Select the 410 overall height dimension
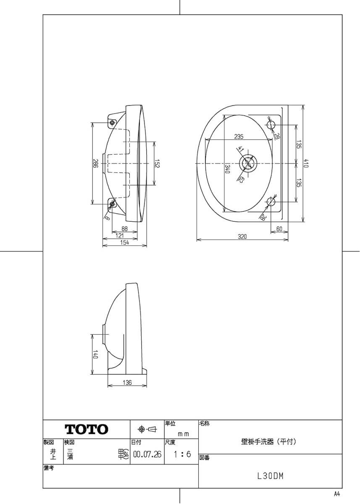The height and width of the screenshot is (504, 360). pyautogui.click(x=306, y=163)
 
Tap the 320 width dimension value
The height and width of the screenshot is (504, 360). pyautogui.click(x=242, y=236)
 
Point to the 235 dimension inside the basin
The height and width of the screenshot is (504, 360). pyautogui.click(x=239, y=136)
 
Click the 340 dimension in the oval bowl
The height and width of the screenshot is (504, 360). pyautogui.click(x=227, y=169)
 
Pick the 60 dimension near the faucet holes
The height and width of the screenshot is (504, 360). pyautogui.click(x=279, y=229)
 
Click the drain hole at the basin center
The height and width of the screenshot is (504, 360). pyautogui.click(x=248, y=163)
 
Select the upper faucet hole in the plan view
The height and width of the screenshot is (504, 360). pyautogui.click(x=271, y=124)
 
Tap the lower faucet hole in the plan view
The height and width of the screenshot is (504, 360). pyautogui.click(x=271, y=202)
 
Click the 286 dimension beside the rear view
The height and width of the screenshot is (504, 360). pyautogui.click(x=95, y=163)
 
